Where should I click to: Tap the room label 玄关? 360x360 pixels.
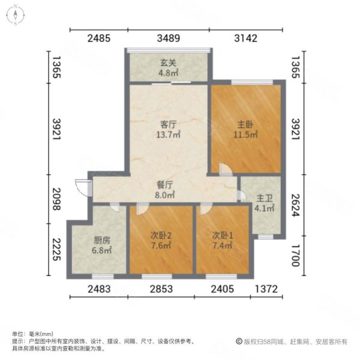(166, 61)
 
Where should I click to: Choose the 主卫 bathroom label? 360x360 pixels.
(265, 199)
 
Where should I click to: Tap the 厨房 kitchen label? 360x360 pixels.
(101, 239)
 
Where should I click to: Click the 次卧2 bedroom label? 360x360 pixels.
(161, 236)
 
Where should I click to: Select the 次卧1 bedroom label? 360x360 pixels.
(221, 236)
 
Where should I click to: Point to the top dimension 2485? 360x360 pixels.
(99, 39)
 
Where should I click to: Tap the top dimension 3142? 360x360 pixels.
(245, 39)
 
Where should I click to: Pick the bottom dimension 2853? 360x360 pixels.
(161, 289)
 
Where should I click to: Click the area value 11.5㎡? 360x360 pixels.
(245, 136)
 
